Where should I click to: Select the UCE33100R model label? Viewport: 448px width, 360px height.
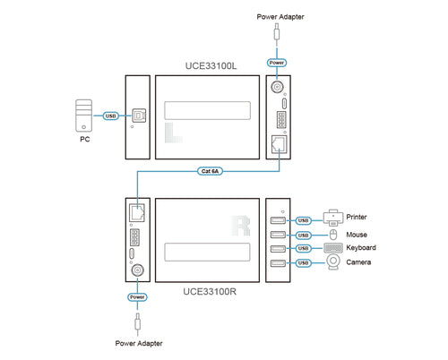point(211,291)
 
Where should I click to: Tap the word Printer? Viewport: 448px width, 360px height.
point(357,217)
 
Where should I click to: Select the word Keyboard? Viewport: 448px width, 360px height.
point(361,247)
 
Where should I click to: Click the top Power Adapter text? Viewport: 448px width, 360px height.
point(278,17)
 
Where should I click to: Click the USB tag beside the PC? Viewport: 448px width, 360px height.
point(111,116)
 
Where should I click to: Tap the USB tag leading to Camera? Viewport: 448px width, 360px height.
point(304,262)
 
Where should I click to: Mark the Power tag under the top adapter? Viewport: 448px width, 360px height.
point(278,63)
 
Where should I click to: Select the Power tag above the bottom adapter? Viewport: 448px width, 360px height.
point(137,296)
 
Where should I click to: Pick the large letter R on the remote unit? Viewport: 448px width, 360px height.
point(239,222)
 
